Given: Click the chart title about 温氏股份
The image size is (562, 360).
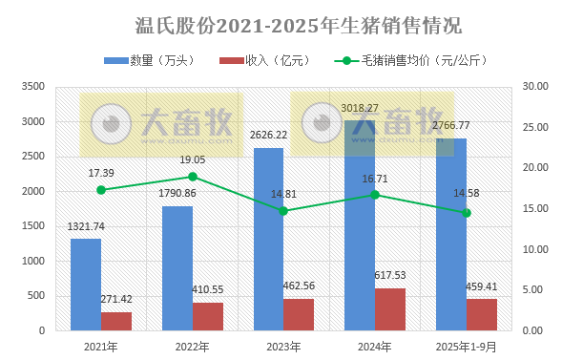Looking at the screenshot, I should click(x=286, y=22).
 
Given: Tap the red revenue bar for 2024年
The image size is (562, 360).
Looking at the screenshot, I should click(x=389, y=309).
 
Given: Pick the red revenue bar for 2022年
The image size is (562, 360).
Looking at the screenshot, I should click(x=207, y=316).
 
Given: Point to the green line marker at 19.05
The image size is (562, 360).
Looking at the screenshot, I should click(x=192, y=177).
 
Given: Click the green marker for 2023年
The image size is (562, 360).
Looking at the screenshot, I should click(x=283, y=210).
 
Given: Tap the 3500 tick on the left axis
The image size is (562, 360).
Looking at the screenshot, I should click(x=32, y=87).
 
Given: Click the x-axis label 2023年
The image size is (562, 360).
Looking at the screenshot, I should click(x=283, y=347).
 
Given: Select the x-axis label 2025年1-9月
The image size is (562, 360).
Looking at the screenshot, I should click(x=466, y=347).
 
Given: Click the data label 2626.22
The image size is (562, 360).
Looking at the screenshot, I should click(x=269, y=135).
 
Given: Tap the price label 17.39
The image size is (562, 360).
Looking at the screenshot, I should click(x=102, y=173).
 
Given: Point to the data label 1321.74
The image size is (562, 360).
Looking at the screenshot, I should click(x=86, y=226).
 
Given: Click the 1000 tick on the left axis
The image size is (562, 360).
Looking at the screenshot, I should click(x=32, y=261).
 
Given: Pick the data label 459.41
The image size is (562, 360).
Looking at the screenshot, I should click(x=482, y=285).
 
